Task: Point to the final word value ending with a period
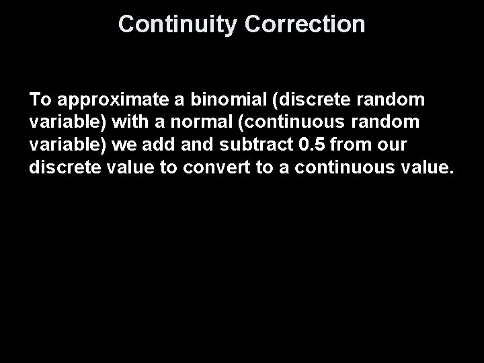[429, 167]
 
